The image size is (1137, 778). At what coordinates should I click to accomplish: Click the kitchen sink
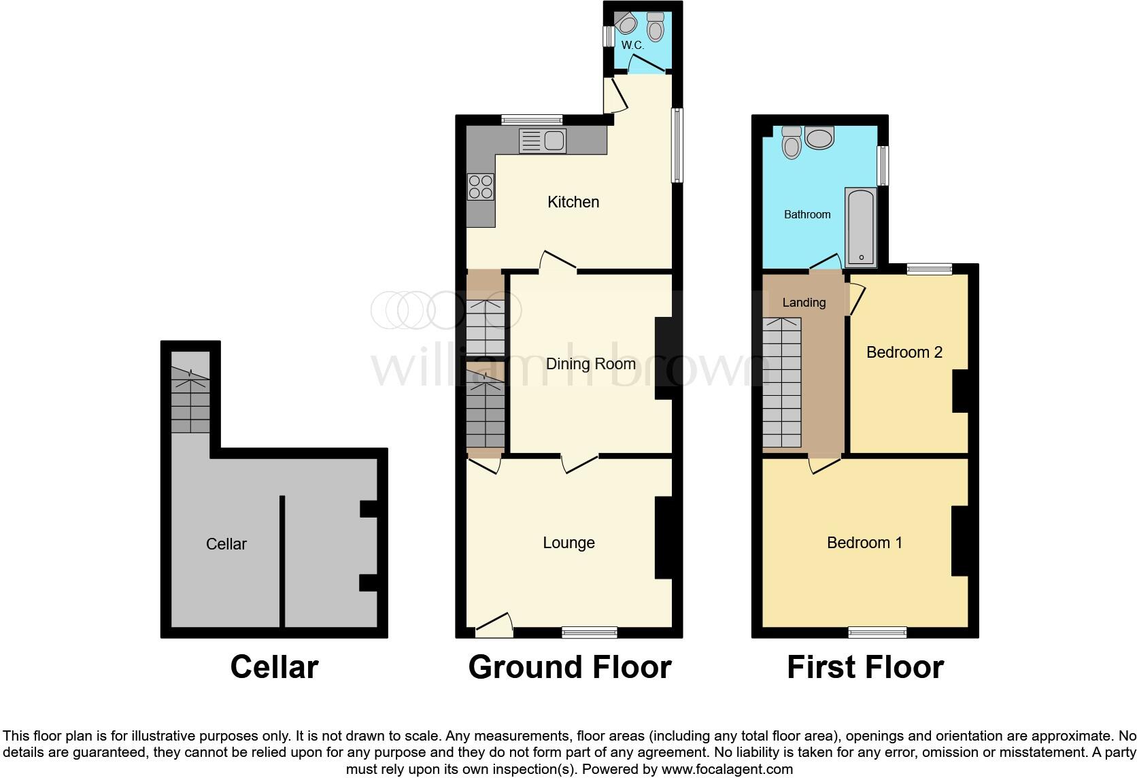click(543, 141)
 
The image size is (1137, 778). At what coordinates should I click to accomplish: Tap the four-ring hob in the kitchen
click(480, 187)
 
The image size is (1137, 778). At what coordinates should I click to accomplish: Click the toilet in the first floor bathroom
click(792, 143)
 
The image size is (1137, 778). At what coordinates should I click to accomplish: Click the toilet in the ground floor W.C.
click(656, 27)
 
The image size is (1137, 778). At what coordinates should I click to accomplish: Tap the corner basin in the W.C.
click(626, 24)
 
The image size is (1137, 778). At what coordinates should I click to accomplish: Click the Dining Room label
click(591, 364)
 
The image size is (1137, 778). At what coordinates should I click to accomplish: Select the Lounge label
click(568, 543)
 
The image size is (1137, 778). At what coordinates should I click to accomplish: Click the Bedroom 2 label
click(904, 352)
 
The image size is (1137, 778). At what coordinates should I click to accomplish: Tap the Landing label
click(804, 303)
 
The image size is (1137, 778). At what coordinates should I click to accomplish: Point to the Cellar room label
click(226, 544)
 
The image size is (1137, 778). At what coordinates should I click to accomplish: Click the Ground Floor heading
click(570, 667)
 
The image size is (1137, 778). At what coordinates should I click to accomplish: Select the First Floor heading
click(865, 667)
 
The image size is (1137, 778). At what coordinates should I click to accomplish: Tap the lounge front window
click(590, 632)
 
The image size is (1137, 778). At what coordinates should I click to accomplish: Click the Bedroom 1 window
click(877, 632)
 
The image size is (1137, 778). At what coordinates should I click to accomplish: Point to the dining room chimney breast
click(663, 358)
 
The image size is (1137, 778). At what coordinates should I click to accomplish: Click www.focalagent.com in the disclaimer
click(727, 770)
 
